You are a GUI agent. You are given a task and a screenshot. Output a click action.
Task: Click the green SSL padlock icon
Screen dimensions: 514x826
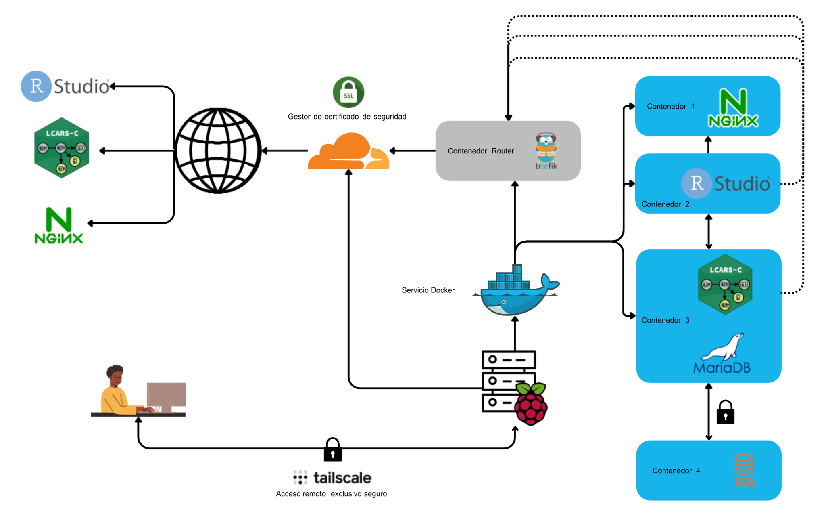click(x=348, y=92)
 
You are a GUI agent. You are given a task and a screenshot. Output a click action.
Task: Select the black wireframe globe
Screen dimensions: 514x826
click(x=218, y=151)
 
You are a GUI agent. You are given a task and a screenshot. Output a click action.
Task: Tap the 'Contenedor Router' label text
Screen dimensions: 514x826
click(x=481, y=151)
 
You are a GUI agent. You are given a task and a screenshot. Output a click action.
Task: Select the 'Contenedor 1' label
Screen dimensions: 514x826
click(x=670, y=107)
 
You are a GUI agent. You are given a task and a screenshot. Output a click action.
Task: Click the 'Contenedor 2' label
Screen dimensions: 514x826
click(x=665, y=204)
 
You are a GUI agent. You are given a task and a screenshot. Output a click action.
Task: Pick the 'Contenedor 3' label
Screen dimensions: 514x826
click(x=665, y=320)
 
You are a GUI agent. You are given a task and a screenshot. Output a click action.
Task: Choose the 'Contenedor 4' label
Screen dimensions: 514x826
click(x=676, y=471)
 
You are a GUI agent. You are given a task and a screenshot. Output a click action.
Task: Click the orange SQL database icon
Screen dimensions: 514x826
click(x=744, y=470)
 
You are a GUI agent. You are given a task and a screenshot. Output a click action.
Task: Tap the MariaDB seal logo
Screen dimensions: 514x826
click(x=722, y=353)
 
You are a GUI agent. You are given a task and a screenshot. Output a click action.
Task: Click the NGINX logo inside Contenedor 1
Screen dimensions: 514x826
click(x=733, y=108)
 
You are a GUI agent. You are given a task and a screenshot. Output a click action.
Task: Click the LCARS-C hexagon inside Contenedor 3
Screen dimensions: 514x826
click(x=725, y=284)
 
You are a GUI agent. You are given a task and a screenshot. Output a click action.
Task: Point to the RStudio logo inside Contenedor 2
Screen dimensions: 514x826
click(x=726, y=183)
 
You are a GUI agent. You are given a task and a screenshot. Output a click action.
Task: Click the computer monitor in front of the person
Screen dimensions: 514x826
click(x=166, y=396)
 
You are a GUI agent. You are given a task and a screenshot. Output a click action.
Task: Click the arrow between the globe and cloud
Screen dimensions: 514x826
click(x=285, y=151)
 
